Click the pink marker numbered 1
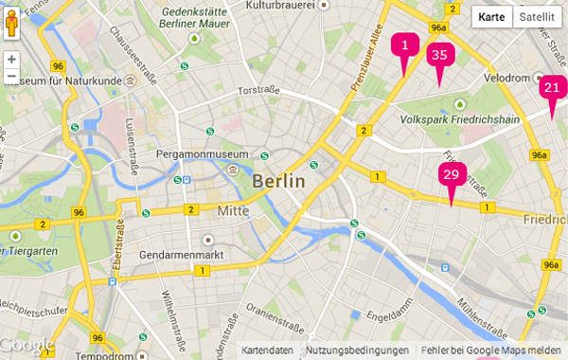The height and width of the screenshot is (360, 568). [404, 45]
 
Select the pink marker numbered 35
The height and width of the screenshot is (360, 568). [439, 56]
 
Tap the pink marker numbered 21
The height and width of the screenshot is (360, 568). [552, 89]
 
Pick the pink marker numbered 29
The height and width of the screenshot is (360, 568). [452, 175]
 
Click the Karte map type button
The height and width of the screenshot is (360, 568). [491, 17]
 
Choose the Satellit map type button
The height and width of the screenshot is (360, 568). [537, 17]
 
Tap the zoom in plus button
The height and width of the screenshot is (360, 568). [11, 59]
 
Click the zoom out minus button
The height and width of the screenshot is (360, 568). [11, 76]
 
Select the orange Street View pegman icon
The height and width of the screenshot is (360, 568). [11, 23]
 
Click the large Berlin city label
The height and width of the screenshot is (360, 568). [279, 181]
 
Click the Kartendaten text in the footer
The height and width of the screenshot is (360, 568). [267, 351]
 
